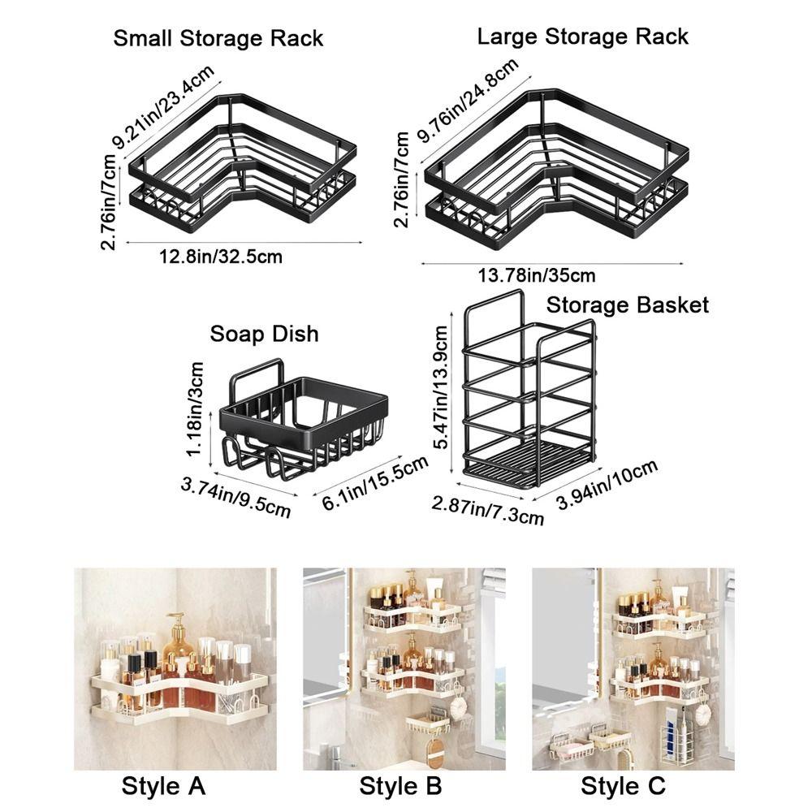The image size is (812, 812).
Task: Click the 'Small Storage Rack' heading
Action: [x=218, y=38]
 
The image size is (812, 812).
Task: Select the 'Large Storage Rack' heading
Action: [x=582, y=36]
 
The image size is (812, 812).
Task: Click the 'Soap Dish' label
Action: [x=264, y=334]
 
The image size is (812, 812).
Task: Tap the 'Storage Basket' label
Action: [x=627, y=304]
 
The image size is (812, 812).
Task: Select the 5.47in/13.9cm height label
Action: [x=440, y=387]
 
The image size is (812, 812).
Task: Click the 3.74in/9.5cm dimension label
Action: [x=235, y=497]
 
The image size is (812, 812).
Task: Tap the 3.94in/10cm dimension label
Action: [x=606, y=486]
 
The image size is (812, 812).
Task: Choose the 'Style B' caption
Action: [x=401, y=785]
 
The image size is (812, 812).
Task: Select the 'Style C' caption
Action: [x=623, y=785]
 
